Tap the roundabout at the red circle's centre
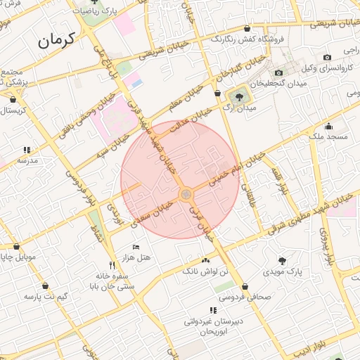click(x=186, y=195)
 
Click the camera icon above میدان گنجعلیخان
click(x=278, y=72)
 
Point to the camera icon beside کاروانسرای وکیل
click(x=327, y=57)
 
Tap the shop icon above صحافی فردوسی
click(x=245, y=287)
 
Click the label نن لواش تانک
click(x=205, y=271)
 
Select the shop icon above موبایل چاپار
click(x=16, y=247)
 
